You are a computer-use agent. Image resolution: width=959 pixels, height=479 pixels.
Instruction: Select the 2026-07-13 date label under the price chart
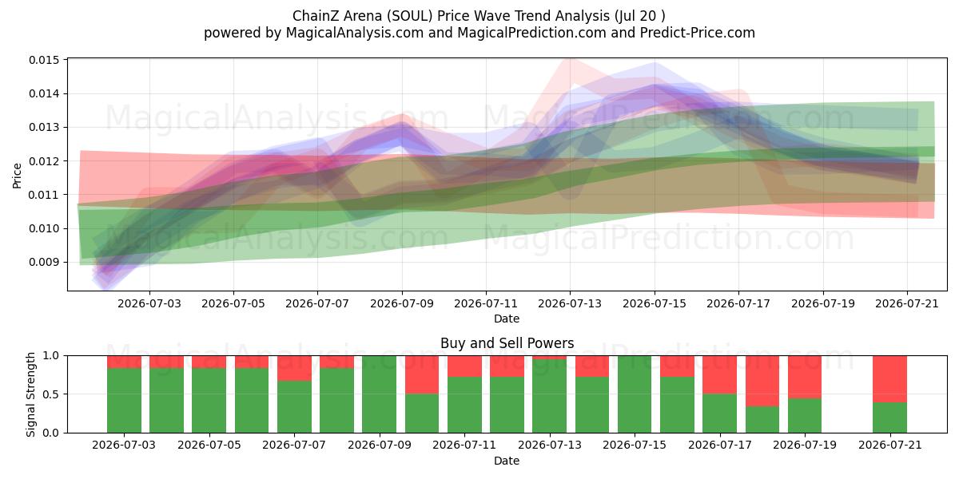tap(569, 303)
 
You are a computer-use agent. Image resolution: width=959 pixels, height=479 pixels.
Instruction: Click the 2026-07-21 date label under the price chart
tap(907, 303)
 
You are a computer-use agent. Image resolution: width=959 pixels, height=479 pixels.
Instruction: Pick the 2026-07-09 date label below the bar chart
tap(380, 445)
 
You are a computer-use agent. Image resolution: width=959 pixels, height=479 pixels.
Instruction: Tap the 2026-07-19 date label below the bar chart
tap(805, 445)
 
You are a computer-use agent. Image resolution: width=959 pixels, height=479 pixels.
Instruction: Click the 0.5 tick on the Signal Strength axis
tap(51, 394)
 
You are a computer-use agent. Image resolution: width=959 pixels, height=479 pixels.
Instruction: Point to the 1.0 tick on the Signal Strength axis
tap(51, 356)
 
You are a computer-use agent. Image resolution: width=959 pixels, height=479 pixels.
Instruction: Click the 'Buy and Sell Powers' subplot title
tap(507, 343)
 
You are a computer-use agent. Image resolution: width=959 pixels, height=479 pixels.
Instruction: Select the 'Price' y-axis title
tap(17, 176)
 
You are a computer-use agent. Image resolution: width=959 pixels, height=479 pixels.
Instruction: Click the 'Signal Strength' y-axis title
tap(30, 394)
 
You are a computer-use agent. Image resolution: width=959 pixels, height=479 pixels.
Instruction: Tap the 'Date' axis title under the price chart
tap(507, 319)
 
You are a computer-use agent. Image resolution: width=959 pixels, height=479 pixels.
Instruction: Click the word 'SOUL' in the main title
tap(412, 16)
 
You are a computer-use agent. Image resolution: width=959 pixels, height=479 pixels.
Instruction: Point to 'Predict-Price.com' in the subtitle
tap(698, 33)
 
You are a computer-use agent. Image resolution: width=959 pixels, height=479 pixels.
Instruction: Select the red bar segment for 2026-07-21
tap(889, 379)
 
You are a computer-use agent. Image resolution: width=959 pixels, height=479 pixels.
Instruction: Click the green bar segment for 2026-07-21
tap(889, 418)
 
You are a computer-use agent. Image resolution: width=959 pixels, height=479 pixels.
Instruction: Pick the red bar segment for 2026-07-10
tap(422, 374)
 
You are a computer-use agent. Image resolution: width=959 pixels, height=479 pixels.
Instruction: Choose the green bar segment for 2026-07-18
tap(762, 420)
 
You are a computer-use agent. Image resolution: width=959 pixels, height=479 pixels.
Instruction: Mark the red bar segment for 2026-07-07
tap(295, 368)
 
